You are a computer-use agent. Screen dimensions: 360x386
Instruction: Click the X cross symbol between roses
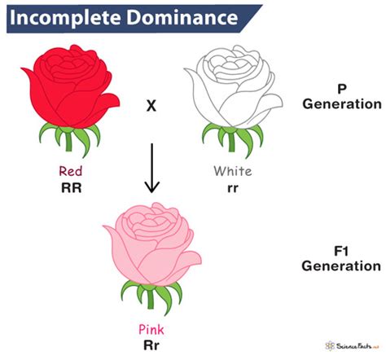151,107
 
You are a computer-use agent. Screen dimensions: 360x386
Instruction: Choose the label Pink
151,330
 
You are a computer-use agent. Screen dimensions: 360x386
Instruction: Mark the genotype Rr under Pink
151,345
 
